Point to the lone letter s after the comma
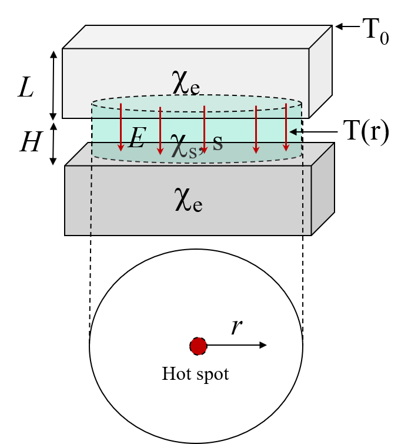pyautogui.click(x=218, y=143)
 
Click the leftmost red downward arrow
pyautogui.click(x=121, y=127)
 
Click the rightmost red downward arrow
pyautogui.click(x=286, y=127)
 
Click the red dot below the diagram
pyautogui.click(x=199, y=346)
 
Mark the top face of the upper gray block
pyautogui.click(x=197, y=37)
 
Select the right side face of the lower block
pyautogui.click(x=322, y=188)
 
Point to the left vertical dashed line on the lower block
pyautogui.click(x=91, y=200)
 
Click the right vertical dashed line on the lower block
pyautogui.click(x=303, y=200)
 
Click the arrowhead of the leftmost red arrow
pyautogui.click(x=121, y=147)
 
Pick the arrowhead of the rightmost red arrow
pyautogui.click(x=286, y=147)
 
